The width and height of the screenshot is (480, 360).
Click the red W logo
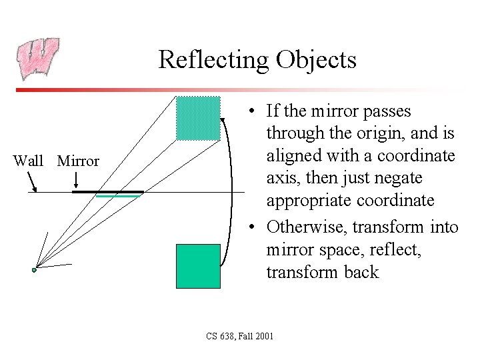click(37, 59)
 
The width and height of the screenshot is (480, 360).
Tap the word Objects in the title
click(317, 60)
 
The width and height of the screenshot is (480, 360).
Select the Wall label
click(28, 161)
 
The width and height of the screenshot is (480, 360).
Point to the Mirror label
click(78, 161)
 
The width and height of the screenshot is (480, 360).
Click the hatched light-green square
click(198, 119)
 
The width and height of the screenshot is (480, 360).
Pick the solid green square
click(198, 266)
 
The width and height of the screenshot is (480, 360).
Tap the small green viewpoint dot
click(35, 270)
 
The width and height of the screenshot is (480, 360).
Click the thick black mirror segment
click(107, 192)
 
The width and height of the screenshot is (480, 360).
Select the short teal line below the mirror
click(118, 197)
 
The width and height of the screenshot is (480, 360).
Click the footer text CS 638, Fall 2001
click(240, 336)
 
